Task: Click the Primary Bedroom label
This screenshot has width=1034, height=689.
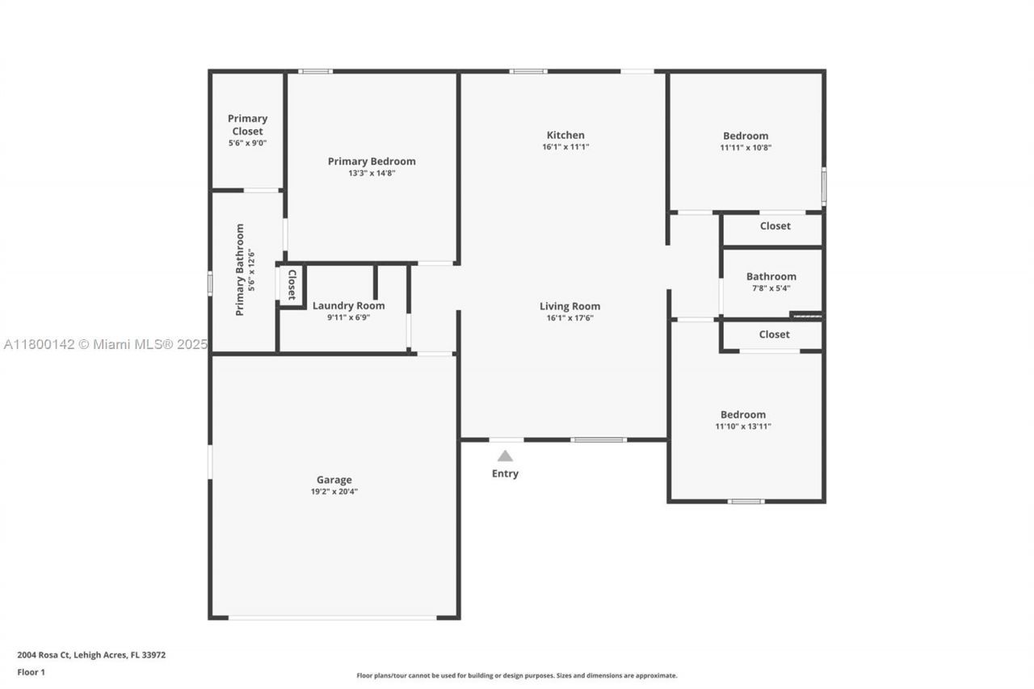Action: click(x=372, y=162)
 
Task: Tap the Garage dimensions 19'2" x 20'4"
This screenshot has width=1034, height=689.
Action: click(x=334, y=491)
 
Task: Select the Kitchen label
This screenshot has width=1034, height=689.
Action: click(x=565, y=135)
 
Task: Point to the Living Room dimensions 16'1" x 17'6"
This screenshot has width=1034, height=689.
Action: click(x=570, y=318)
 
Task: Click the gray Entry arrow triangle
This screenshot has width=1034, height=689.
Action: click(x=505, y=456)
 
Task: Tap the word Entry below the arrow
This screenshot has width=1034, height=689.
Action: click(x=505, y=473)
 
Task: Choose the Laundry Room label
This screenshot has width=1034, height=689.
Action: click(x=348, y=305)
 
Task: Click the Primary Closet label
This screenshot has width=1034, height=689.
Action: click(x=247, y=124)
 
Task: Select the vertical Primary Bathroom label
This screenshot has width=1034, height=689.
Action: click(x=240, y=270)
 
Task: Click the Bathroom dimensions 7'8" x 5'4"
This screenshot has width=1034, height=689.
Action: click(x=771, y=288)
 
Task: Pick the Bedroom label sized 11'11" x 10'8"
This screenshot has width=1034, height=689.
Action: click(x=745, y=136)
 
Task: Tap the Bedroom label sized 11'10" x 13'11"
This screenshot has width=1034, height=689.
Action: click(x=742, y=414)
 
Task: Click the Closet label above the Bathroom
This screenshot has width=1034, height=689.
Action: click(x=775, y=226)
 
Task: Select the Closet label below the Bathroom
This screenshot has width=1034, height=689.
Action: click(x=774, y=334)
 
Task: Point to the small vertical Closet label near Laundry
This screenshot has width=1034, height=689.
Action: click(x=292, y=285)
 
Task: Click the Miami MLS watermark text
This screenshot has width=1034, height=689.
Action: click(x=105, y=345)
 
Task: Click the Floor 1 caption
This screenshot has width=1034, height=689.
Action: click(x=32, y=672)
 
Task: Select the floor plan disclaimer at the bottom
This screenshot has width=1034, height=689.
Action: click(x=517, y=675)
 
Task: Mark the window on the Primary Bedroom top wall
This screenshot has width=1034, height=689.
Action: click(x=315, y=71)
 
